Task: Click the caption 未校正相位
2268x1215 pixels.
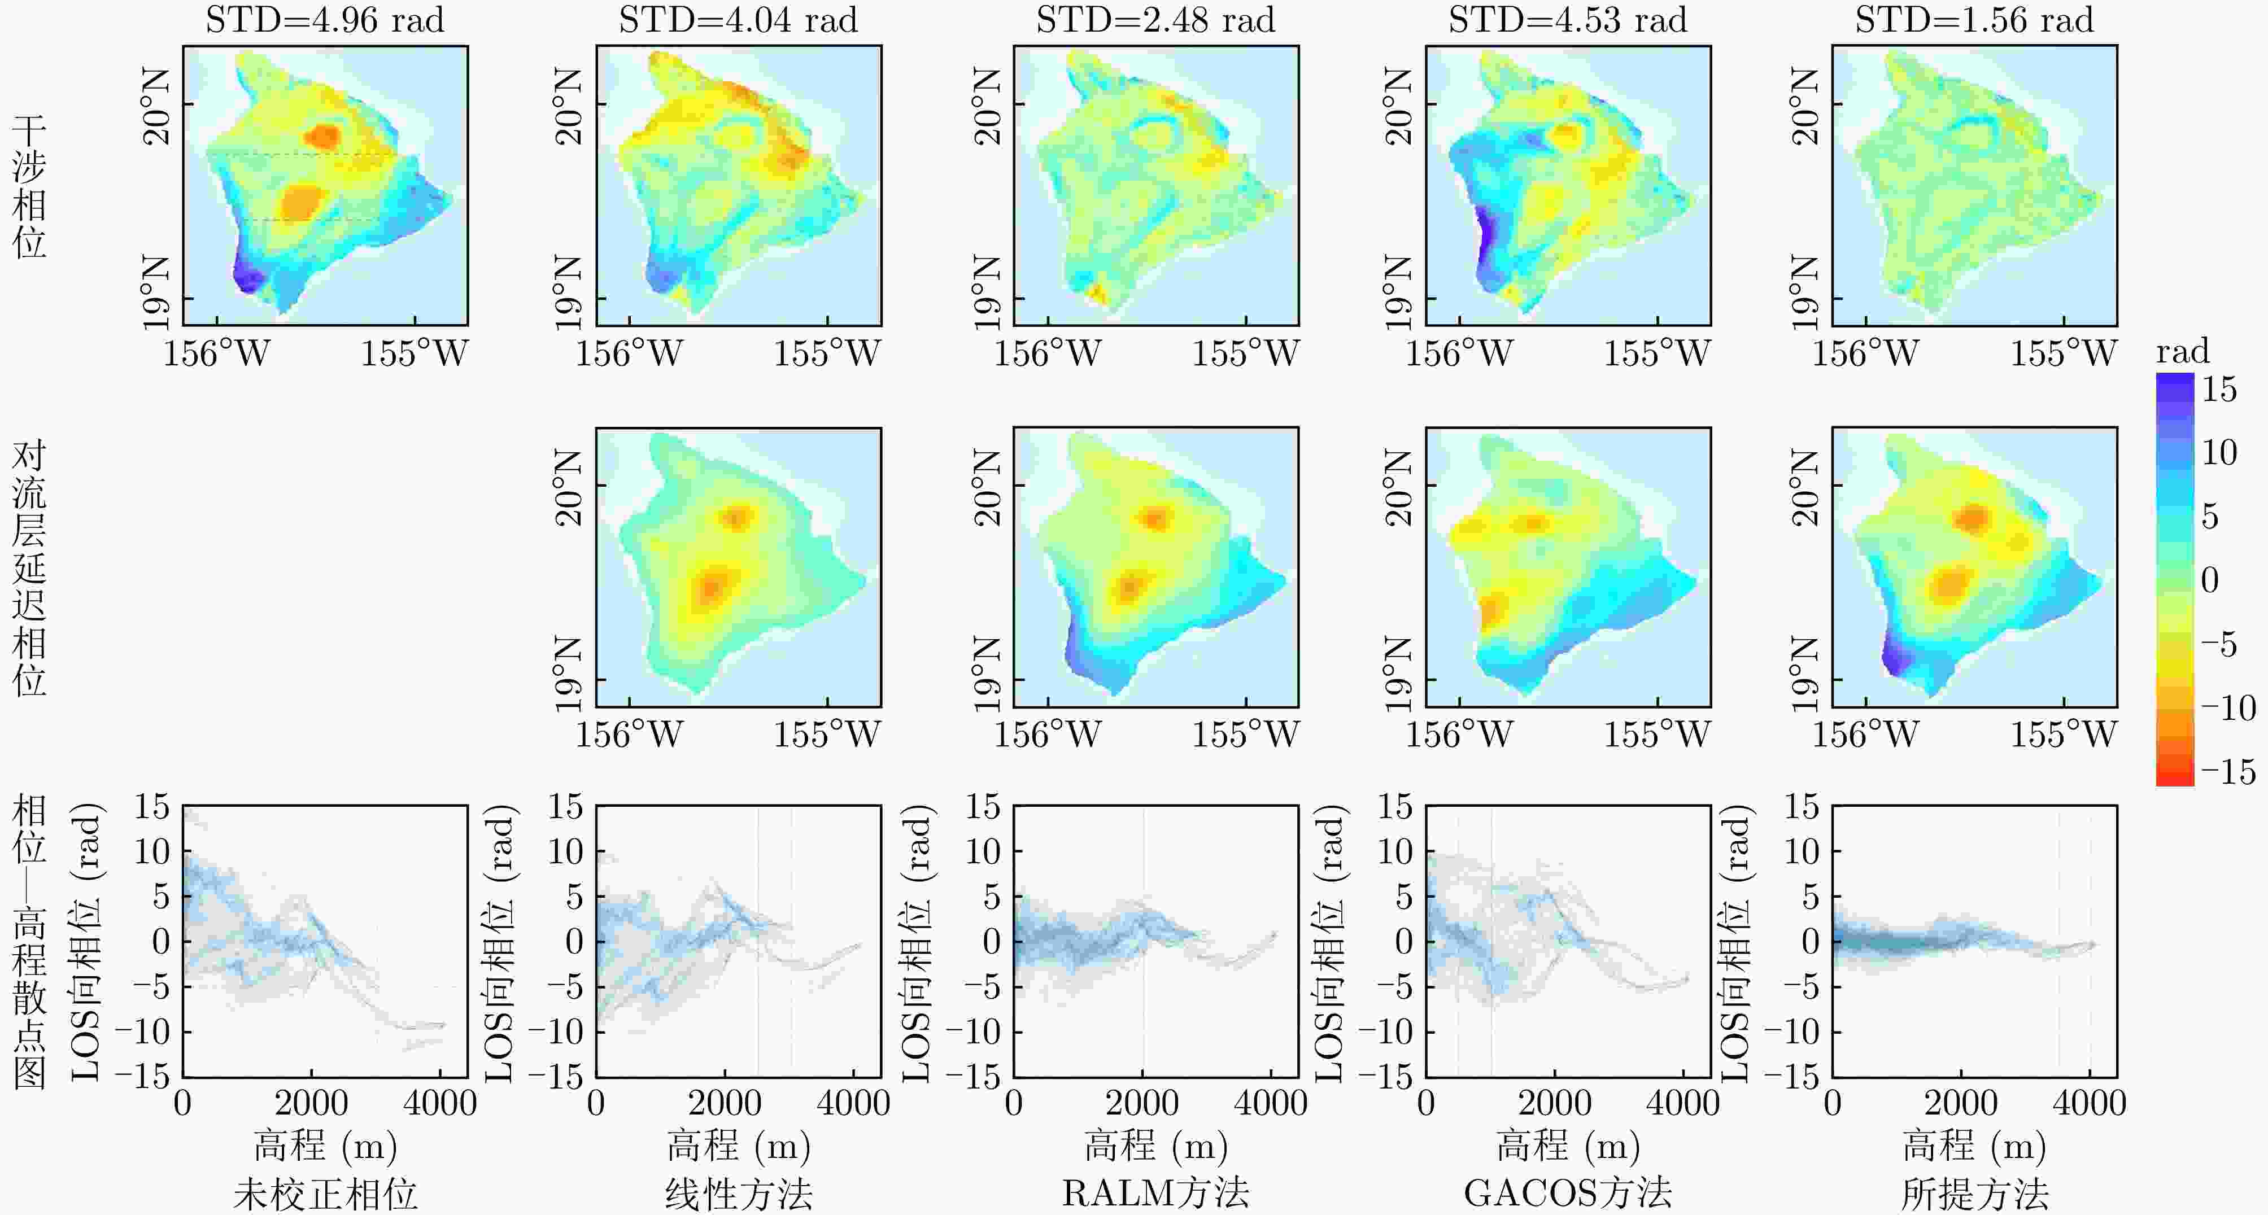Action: point(325,1194)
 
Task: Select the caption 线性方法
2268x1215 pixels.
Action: point(738,1194)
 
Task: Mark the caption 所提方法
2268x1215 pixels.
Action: point(1974,1194)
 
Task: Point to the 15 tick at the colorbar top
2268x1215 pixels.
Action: point(2219,388)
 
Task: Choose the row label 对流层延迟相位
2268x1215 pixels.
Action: point(29,568)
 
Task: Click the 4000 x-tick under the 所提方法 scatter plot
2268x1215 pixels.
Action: point(2090,1102)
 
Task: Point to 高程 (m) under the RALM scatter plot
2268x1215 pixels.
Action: point(1155,1146)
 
